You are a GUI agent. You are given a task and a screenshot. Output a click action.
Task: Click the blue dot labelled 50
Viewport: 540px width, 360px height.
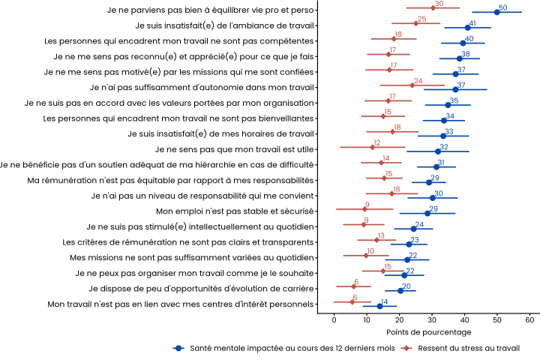[497, 12]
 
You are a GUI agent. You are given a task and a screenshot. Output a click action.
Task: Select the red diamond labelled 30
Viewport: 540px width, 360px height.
[433, 8]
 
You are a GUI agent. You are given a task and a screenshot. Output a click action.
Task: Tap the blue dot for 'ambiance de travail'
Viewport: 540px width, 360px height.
[467, 28]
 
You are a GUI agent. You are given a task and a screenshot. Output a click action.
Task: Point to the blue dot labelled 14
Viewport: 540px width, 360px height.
[379, 306]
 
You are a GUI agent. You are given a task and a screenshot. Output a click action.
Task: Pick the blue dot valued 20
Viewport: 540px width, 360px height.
[400, 290]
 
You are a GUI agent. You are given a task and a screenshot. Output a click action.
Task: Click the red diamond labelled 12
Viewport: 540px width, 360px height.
[372, 147]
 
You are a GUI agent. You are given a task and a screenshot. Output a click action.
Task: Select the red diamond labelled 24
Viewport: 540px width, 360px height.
[412, 85]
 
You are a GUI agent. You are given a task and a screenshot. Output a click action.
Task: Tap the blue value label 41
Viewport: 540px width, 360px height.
[472, 23]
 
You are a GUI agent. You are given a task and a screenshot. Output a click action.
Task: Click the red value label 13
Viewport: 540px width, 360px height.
[381, 235]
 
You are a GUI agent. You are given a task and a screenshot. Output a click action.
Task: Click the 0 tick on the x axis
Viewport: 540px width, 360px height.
[334, 319]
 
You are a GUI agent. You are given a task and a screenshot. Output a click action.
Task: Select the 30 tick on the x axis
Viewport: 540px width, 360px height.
[432, 319]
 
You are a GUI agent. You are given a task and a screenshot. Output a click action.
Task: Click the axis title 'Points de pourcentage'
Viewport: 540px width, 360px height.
[429, 331]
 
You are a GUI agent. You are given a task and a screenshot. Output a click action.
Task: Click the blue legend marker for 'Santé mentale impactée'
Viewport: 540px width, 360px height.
[179, 348]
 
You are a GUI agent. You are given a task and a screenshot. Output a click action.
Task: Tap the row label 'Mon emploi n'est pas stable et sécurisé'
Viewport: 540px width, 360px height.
[235, 212]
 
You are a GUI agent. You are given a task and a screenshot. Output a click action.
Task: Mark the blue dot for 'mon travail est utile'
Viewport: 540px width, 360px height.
[439, 151]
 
